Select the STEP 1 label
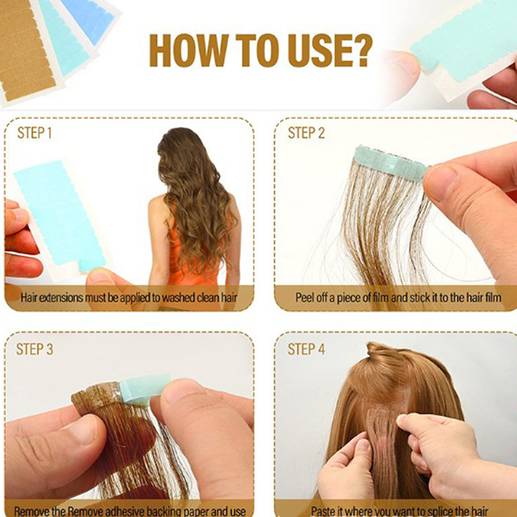(34, 133)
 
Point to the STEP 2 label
(306, 133)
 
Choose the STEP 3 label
(35, 349)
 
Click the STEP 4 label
(306, 349)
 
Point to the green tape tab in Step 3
(144, 390)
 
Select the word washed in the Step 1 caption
(178, 298)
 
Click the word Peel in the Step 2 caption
(303, 298)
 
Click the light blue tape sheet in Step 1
(60, 215)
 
